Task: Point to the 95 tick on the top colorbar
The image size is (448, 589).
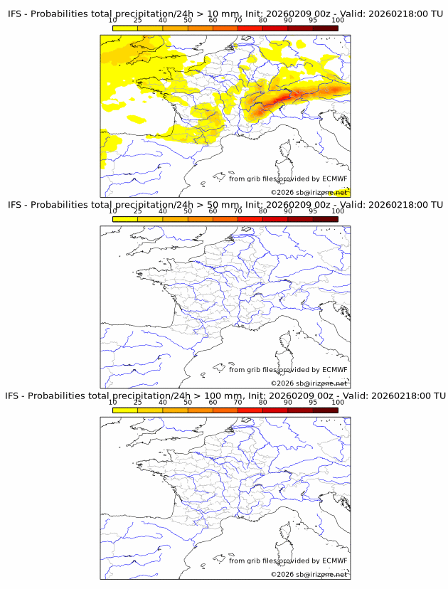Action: [x=313, y=21]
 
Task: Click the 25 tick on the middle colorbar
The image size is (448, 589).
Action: [x=137, y=211]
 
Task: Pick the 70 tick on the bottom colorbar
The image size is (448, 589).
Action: [x=238, y=402]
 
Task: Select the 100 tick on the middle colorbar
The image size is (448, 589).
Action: [x=338, y=211]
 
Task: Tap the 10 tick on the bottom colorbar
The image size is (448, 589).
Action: [x=112, y=402]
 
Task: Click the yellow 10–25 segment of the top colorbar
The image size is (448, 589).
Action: [x=125, y=28]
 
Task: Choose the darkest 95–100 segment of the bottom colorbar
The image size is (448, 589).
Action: [x=325, y=410]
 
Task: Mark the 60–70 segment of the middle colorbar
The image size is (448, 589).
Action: [x=225, y=219]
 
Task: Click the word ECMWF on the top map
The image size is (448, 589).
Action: [x=334, y=179]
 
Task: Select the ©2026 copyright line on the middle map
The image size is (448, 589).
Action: [x=309, y=383]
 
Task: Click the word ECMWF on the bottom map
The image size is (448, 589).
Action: [x=334, y=561]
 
